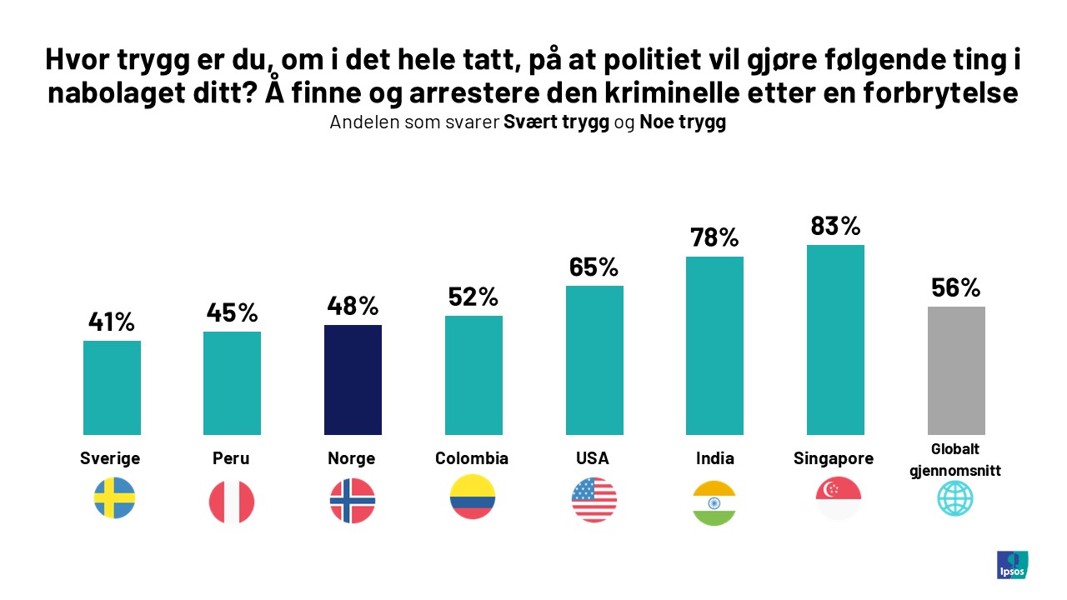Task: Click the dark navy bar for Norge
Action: [353, 380]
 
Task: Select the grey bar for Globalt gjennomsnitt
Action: [956, 371]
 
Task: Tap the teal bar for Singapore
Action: [835, 340]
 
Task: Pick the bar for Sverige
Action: [112, 387]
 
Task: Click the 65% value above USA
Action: [594, 267]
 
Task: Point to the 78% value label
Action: [714, 237]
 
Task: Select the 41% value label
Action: [112, 322]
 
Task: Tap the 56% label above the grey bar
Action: [956, 287]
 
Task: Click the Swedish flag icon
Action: [113, 498]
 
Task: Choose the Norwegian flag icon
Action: [353, 501]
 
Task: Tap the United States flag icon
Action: [594, 500]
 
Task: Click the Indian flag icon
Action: [714, 502]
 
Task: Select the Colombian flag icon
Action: [472, 497]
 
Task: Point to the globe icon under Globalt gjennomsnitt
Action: [955, 499]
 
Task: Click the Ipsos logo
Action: [1012, 564]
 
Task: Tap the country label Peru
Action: [231, 458]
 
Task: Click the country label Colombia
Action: [472, 458]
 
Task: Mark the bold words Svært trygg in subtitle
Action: [556, 122]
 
